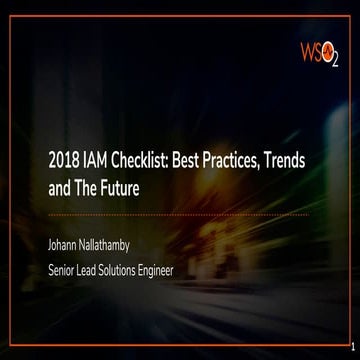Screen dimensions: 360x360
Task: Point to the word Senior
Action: pos(66,268)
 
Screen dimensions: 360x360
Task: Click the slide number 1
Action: pos(353,348)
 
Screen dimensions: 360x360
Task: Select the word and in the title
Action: pos(61,187)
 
